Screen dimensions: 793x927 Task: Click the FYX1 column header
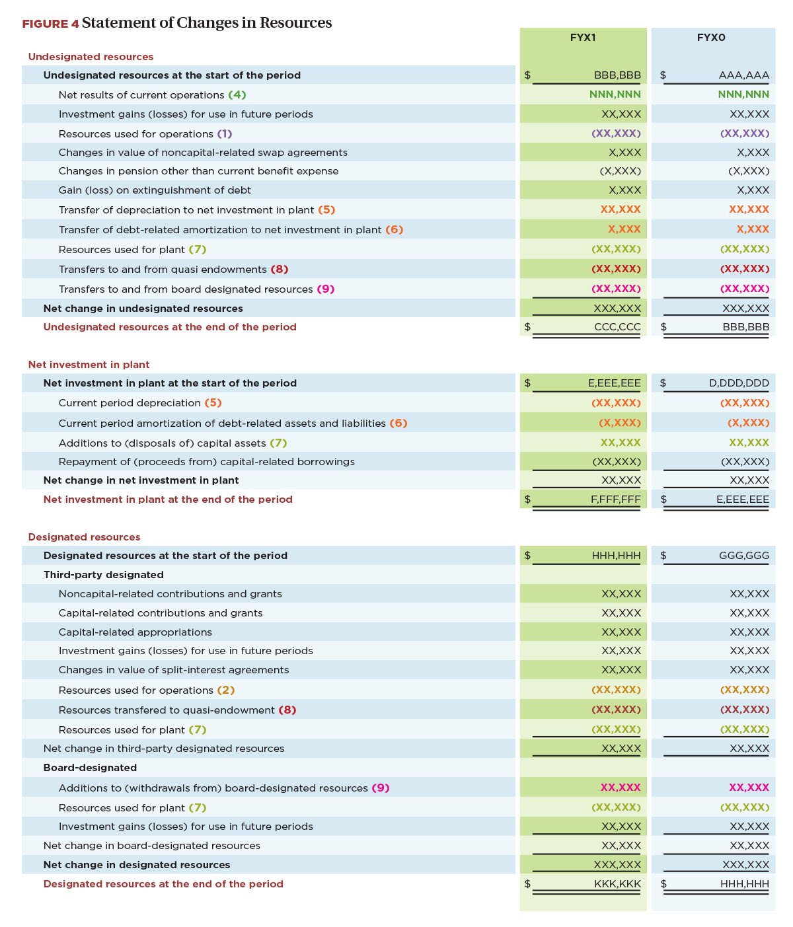click(582, 37)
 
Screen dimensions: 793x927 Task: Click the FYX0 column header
click(710, 37)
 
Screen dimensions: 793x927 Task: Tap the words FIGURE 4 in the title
click(50, 24)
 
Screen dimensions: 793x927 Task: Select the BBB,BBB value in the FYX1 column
click(617, 75)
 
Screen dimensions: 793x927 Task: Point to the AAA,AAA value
click(743, 75)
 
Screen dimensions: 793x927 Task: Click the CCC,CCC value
click(617, 326)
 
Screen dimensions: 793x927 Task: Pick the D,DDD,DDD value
click(738, 383)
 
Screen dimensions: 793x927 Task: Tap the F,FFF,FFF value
click(615, 499)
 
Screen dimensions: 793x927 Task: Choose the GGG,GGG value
click(743, 555)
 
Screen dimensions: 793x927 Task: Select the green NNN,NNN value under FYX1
click(615, 94)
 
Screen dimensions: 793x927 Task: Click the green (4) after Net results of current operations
click(237, 94)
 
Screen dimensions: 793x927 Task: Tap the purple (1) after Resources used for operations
click(224, 133)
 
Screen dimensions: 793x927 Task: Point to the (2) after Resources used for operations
click(225, 690)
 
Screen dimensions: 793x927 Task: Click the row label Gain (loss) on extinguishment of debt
click(154, 190)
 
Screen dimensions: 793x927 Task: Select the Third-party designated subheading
click(103, 574)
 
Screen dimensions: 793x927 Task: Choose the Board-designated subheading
click(90, 767)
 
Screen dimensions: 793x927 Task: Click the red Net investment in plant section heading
click(89, 364)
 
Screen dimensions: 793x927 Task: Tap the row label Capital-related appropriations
click(135, 632)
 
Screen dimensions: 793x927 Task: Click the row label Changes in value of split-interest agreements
click(174, 669)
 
